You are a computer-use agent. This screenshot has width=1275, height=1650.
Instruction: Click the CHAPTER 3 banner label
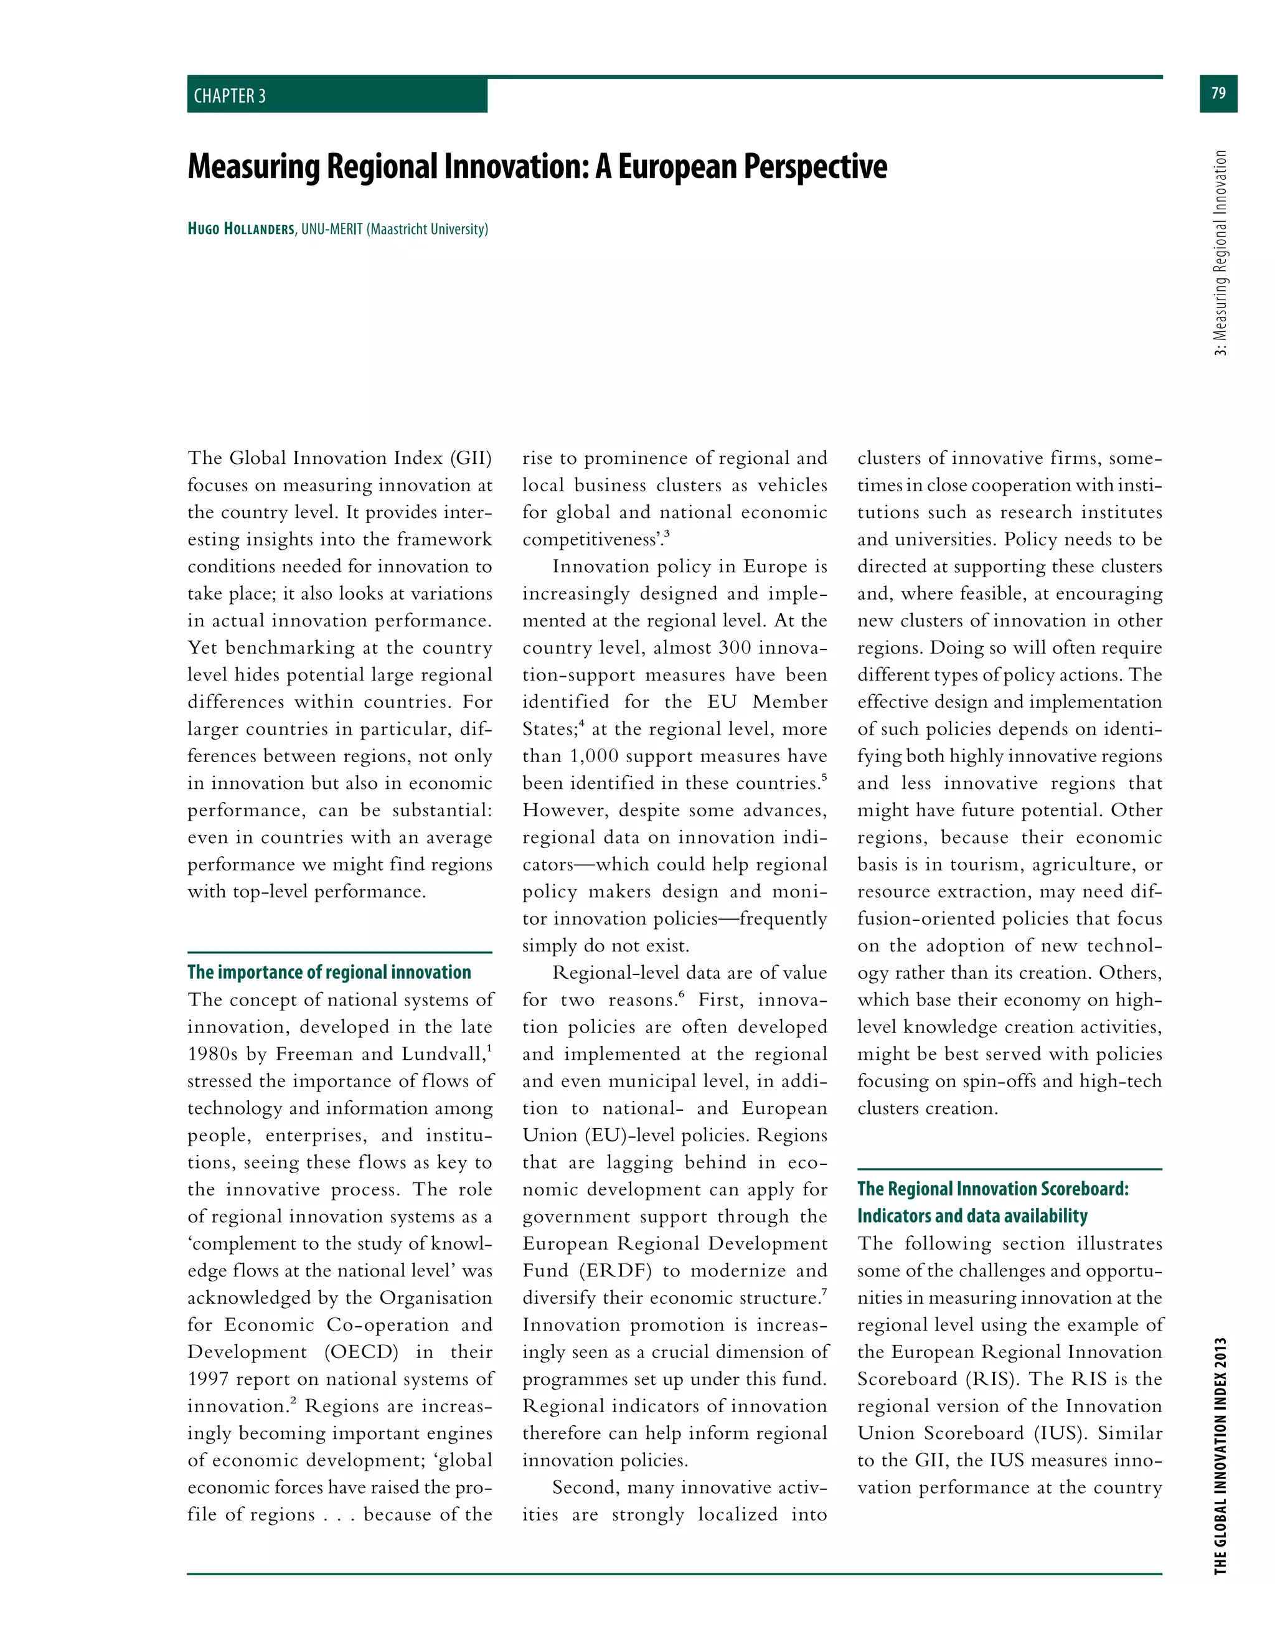[230, 96]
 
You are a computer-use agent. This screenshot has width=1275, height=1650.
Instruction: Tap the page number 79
[1218, 93]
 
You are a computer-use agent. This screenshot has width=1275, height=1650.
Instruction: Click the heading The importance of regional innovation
[329, 973]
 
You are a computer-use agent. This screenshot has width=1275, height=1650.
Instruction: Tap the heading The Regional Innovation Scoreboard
[992, 1189]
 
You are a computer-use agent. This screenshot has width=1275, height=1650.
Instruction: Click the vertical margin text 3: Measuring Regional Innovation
[1221, 252]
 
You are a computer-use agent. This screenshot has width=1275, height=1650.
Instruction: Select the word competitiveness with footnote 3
[591, 539]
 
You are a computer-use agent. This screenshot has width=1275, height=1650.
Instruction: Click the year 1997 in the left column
[208, 1379]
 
